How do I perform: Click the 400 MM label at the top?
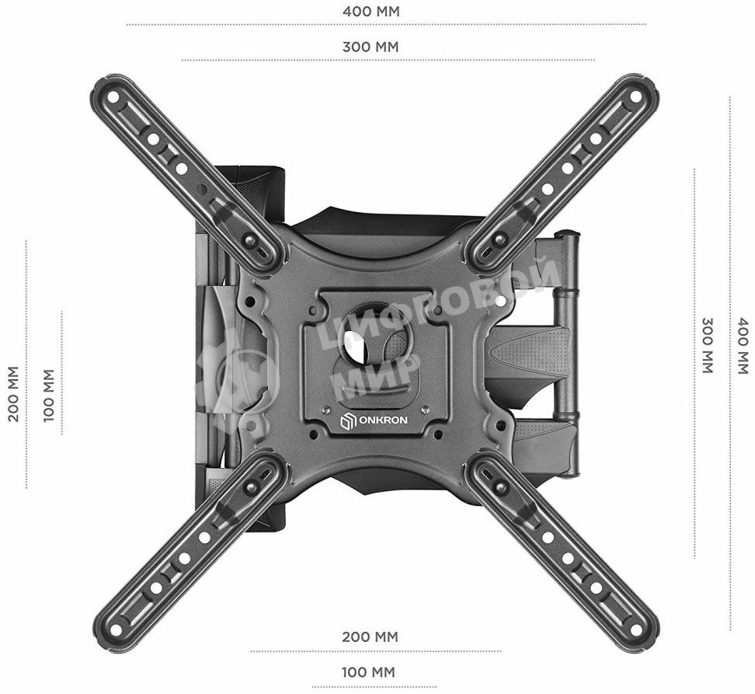point(371,11)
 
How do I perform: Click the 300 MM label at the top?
point(371,47)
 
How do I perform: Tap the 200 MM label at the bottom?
point(371,636)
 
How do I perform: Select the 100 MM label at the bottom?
point(368,671)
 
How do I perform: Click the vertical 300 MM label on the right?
point(708,345)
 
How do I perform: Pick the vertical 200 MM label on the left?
point(13,394)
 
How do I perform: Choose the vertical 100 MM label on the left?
point(49,396)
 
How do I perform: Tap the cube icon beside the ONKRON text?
point(348,420)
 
